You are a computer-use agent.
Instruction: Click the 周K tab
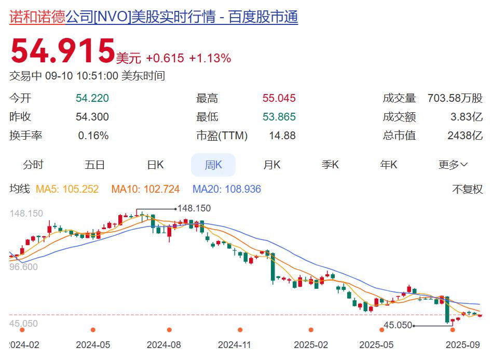(213, 165)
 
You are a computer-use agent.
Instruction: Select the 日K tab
(155, 165)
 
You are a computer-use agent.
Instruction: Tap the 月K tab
(271, 165)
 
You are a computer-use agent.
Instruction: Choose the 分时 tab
(33, 165)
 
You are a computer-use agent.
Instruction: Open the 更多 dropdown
(453, 165)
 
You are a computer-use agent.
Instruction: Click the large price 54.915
(62, 51)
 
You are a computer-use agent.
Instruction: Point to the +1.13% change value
(210, 58)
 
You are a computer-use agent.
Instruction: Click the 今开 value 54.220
(92, 98)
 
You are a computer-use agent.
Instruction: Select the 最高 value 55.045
(279, 98)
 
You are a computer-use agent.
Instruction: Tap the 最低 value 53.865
(279, 117)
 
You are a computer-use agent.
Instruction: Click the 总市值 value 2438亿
(464, 136)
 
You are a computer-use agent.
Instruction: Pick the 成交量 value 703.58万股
(455, 98)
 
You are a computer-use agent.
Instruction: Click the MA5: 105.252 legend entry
(67, 189)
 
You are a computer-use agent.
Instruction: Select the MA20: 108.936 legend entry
(226, 189)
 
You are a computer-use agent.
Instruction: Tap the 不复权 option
(467, 189)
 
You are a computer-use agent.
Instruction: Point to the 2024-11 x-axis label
(234, 344)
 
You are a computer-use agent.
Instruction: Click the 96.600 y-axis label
(24, 266)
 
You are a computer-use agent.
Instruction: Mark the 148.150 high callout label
(194, 208)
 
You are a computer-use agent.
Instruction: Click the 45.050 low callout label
(398, 325)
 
